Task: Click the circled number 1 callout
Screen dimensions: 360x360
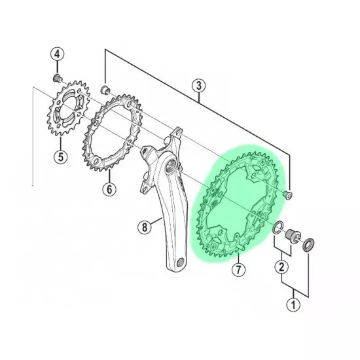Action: (294, 305)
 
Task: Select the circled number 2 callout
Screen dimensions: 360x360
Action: (281, 267)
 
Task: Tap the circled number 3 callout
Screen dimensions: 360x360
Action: (199, 86)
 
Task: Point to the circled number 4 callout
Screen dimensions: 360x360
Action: (57, 54)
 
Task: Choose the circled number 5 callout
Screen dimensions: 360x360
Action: (61, 157)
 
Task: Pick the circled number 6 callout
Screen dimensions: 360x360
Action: (109, 189)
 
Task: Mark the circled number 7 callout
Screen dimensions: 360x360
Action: (238, 270)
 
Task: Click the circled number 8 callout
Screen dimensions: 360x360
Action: (145, 227)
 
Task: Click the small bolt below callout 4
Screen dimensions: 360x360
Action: (58, 78)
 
